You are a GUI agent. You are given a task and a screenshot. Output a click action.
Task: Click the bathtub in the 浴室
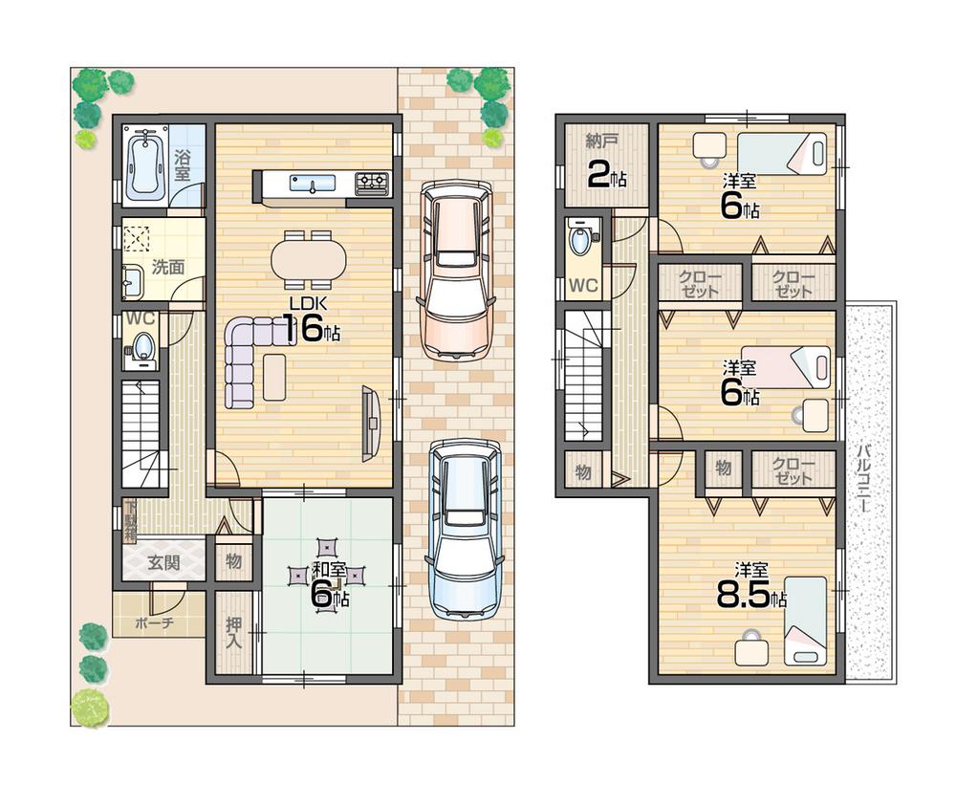pyautogui.click(x=145, y=164)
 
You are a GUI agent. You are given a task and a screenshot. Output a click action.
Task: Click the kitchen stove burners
pyautogui.click(x=372, y=183)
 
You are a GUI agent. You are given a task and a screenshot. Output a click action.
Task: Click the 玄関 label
pyautogui.click(x=163, y=562)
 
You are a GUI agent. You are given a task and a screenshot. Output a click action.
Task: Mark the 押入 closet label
pyautogui.click(x=233, y=632)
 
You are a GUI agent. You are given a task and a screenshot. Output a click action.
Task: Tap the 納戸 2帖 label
pyautogui.click(x=604, y=161)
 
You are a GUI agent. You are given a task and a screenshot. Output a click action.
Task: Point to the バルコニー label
pyautogui.click(x=863, y=478)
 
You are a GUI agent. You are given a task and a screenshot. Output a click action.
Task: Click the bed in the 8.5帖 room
pyautogui.click(x=804, y=621)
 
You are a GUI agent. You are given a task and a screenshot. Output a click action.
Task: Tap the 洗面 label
pyautogui.click(x=168, y=267)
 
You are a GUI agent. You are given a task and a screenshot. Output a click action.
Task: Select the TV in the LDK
pyautogui.click(x=370, y=424)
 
